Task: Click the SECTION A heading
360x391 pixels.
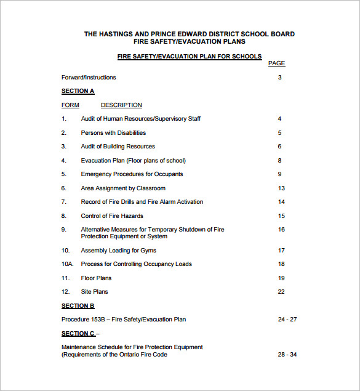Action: point(78,91)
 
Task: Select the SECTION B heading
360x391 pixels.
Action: point(78,305)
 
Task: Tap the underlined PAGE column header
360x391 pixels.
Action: point(276,63)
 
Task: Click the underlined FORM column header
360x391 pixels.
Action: point(70,105)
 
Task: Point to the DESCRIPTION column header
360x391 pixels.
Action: point(121,105)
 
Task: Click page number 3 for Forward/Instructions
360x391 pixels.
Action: point(279,78)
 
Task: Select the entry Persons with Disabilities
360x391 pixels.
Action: point(113,133)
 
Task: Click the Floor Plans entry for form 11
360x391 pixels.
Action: point(96,278)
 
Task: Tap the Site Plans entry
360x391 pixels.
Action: point(94,292)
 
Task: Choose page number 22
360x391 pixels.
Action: point(281,292)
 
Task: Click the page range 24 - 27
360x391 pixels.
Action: point(287,320)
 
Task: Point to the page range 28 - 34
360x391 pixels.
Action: point(287,355)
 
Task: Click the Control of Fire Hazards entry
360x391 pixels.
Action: point(112,216)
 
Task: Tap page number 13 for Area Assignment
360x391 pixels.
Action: point(281,188)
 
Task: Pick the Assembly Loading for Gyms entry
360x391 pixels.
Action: point(118,251)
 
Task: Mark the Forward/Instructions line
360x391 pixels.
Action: point(89,78)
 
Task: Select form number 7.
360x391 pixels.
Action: point(63,202)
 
